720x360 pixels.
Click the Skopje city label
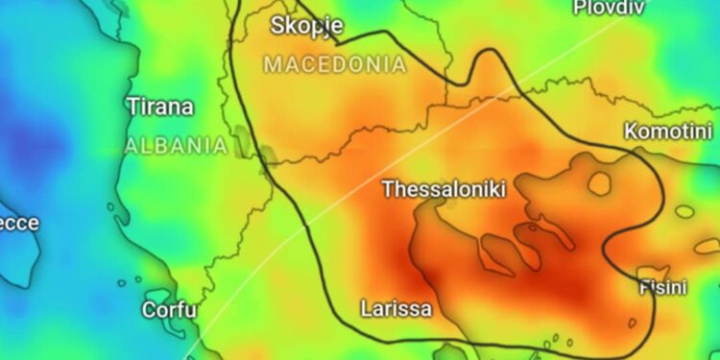307,26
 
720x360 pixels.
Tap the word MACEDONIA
334,65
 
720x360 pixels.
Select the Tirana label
159,107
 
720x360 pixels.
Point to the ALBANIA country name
176,146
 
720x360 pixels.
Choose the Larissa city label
396,309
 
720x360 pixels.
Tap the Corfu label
169,310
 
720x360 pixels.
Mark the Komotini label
668,131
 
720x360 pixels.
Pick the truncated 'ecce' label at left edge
19,224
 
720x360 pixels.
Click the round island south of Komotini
600,183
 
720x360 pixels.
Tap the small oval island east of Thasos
685,210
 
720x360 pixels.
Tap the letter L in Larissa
366,309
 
